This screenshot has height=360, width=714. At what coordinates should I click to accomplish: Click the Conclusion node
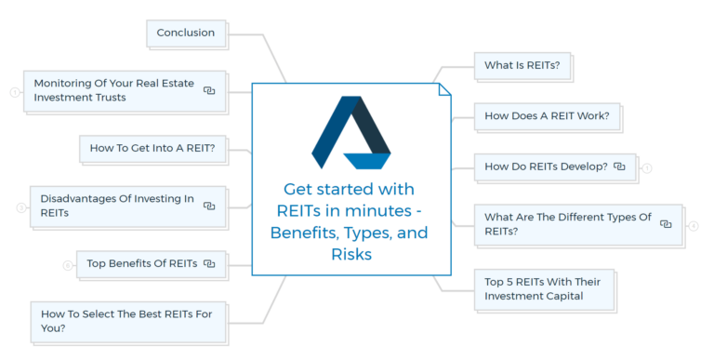click(x=185, y=33)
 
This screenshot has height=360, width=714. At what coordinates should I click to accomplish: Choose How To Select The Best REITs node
click(x=126, y=321)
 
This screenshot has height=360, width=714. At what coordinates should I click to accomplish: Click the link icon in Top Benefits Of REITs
click(x=209, y=264)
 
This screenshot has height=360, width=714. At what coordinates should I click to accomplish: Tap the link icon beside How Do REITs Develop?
click(x=619, y=167)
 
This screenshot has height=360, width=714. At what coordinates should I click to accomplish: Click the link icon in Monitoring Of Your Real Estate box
click(x=209, y=90)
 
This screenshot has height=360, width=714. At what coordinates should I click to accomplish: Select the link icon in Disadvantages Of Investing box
click(x=209, y=206)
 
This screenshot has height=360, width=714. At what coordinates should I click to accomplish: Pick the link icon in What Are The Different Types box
click(x=666, y=224)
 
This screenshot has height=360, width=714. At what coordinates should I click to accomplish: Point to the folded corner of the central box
click(x=444, y=89)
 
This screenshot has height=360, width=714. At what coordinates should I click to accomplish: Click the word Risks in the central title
click(x=350, y=254)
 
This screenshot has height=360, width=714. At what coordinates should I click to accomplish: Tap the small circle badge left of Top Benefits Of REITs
click(x=67, y=265)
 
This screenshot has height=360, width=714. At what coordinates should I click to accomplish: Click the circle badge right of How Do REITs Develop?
click(x=647, y=168)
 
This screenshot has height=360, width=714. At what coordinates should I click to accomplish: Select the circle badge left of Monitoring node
click(x=15, y=91)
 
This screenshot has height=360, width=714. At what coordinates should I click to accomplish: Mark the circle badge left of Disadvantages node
click(x=20, y=207)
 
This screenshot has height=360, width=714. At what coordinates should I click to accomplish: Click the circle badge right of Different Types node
click(x=694, y=225)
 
